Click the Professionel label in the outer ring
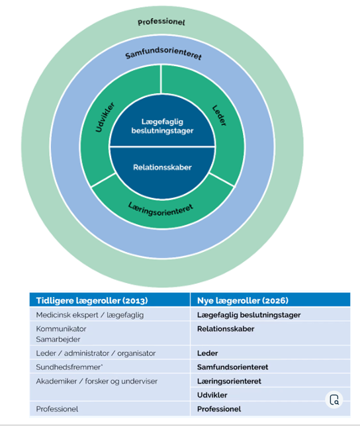click(161, 22)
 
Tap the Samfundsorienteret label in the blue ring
click(163, 53)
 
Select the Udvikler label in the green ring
click(105, 117)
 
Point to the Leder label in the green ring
click(219, 116)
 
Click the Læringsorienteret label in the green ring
click(161, 210)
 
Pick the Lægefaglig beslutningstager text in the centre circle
click(162, 126)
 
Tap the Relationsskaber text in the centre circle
click(162, 167)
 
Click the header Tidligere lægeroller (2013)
click(92, 300)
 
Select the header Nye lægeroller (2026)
click(243, 300)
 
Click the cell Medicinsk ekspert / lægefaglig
click(89, 315)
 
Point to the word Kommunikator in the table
click(61, 329)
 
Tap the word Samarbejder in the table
click(58, 339)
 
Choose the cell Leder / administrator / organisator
click(96, 353)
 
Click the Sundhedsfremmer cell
click(69, 367)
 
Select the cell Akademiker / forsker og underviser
click(97, 381)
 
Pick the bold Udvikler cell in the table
click(212, 395)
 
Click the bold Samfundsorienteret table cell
click(232, 367)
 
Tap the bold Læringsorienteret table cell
click(229, 381)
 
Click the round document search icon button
click(334, 400)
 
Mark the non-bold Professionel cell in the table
click(57, 409)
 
